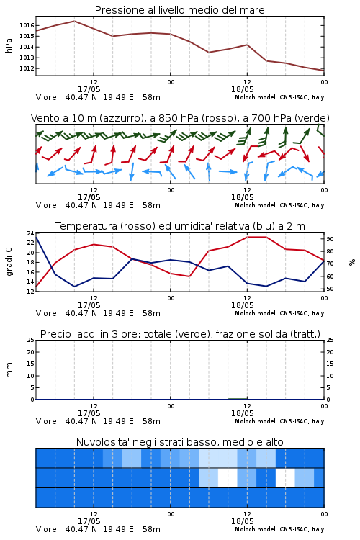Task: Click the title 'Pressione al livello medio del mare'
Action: pos(179,10)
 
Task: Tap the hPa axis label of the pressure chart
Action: pos(9,45)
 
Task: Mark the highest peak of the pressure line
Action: pos(74,21)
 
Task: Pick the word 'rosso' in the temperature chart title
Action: pos(136,226)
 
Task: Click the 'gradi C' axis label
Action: pos(9,262)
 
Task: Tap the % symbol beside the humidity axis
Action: pos(352,262)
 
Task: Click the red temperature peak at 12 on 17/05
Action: pos(94,244)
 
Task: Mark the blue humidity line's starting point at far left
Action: pos(36,237)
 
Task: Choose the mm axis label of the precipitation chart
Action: pos(9,370)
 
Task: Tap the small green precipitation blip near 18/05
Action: pos(238,398)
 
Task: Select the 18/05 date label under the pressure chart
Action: pos(243,89)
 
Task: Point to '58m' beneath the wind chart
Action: pos(152,205)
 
